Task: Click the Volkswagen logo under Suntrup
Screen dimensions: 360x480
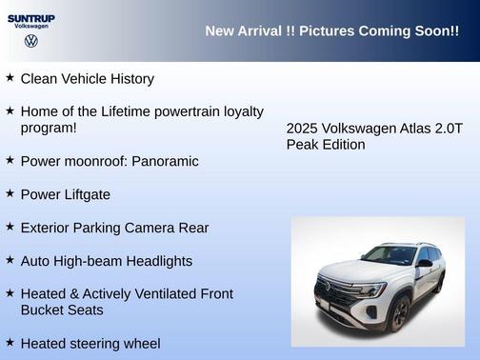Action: point(31,41)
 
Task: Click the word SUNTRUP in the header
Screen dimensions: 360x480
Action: point(31,17)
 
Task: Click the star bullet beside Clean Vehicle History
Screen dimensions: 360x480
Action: point(10,77)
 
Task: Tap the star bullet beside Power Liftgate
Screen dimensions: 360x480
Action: point(10,192)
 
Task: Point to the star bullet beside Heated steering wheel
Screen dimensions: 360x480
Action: point(10,341)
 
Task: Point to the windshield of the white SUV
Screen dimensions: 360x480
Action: point(390,255)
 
